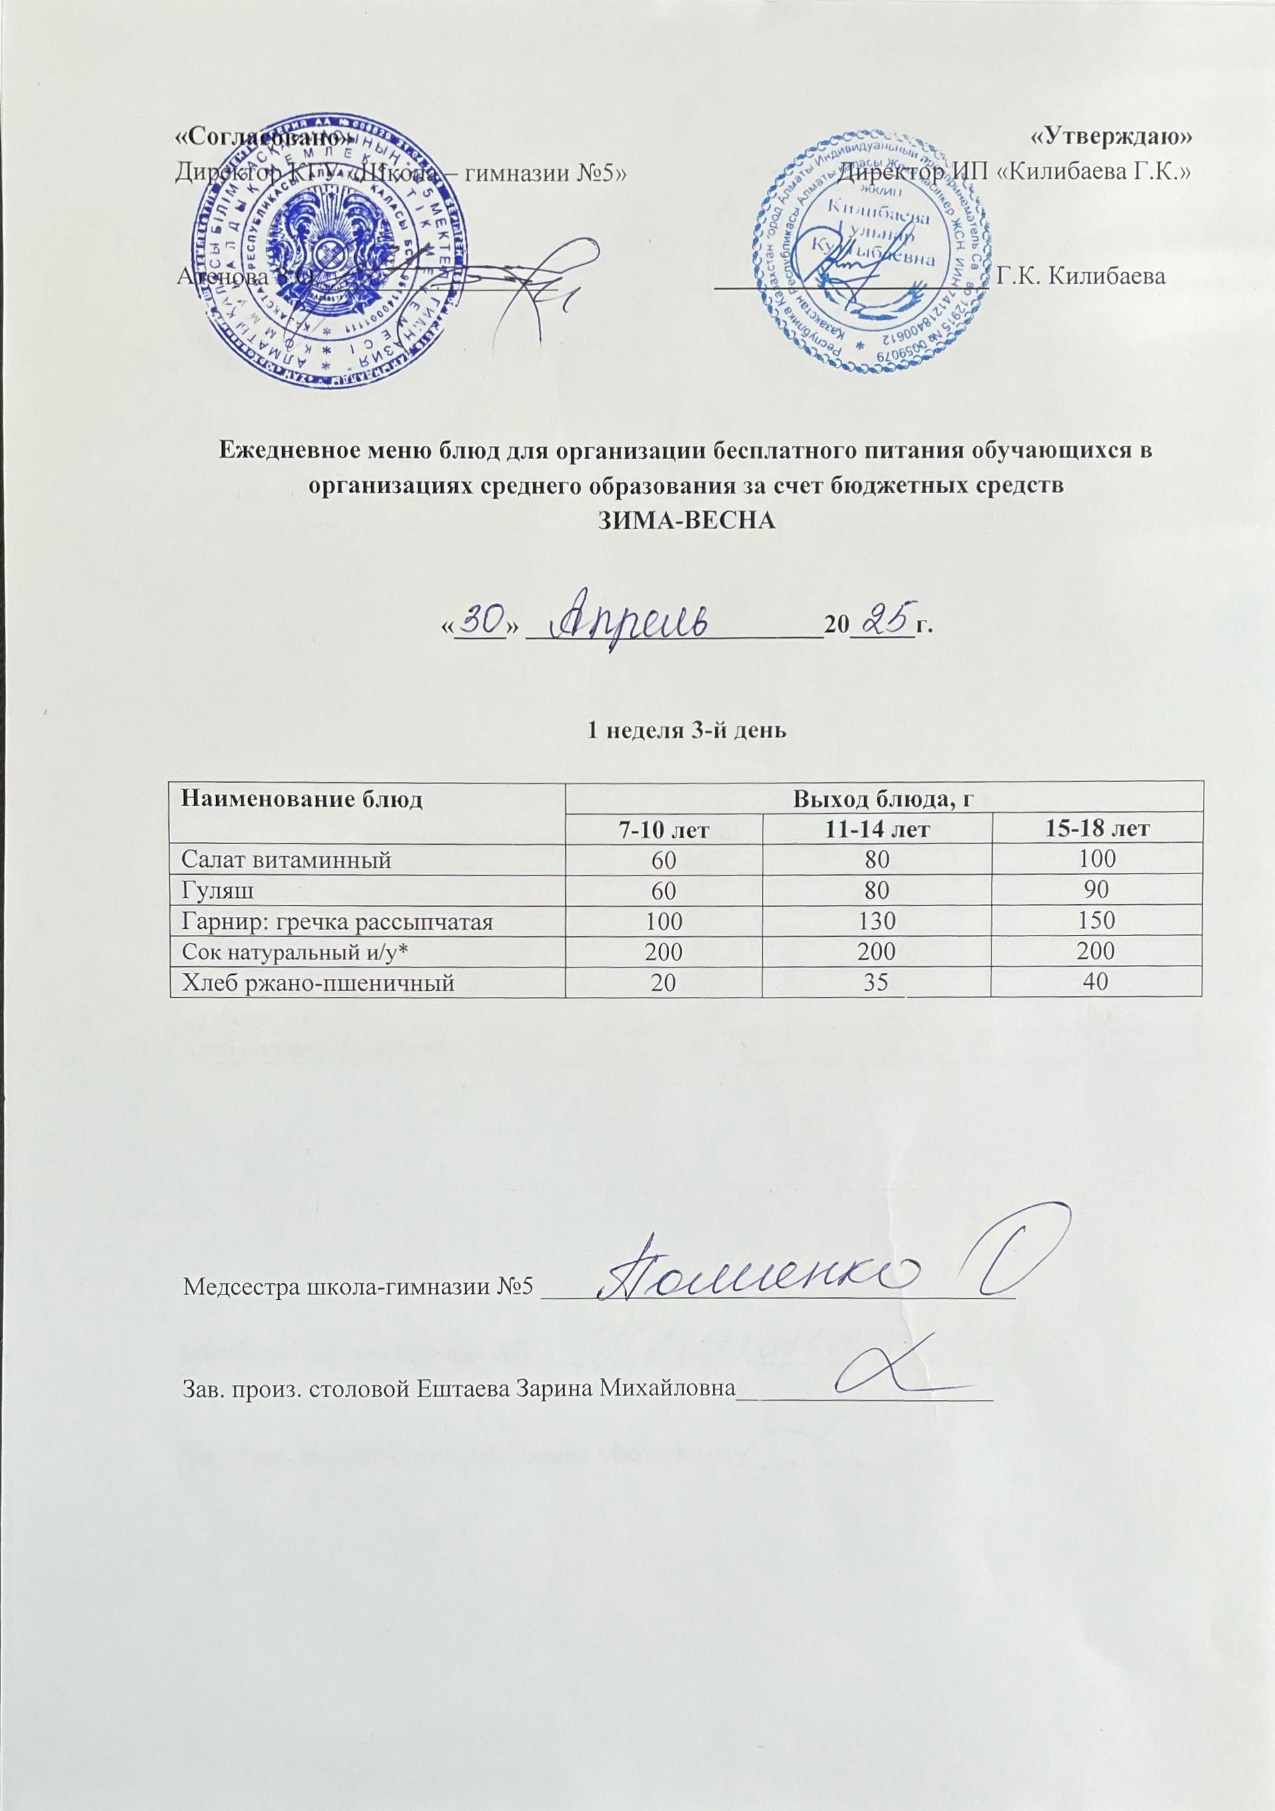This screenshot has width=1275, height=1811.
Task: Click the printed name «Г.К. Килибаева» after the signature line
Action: click(1081, 276)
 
